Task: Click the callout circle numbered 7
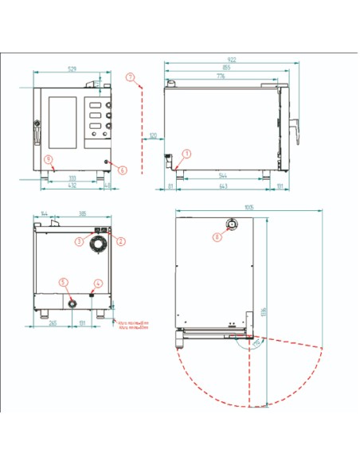click(130, 76)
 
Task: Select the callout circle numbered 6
click(123, 170)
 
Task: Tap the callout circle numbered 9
click(49, 159)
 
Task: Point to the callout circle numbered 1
click(186, 153)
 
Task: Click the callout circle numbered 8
click(217, 236)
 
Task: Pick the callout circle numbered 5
click(65, 282)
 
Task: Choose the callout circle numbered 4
click(99, 283)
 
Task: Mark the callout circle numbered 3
click(80, 240)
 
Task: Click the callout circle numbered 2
click(120, 240)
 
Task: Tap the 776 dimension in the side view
click(220, 76)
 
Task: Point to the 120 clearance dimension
click(151, 135)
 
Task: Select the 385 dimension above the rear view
click(82, 215)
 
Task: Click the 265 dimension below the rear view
click(53, 324)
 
